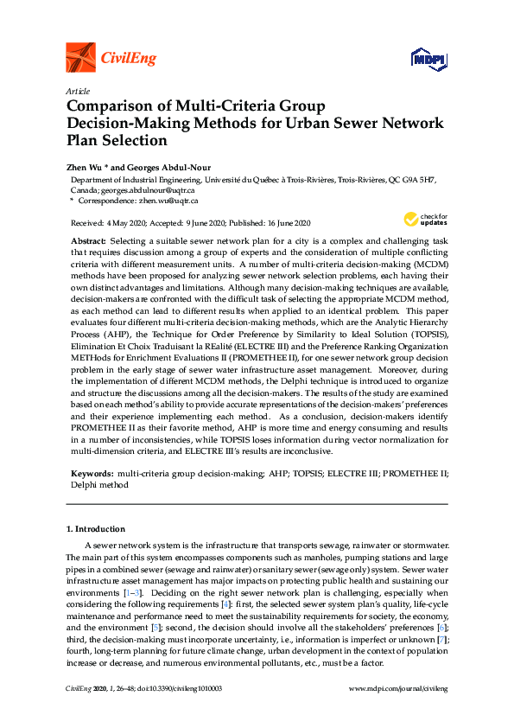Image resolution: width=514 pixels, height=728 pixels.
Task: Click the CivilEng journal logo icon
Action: (x=80, y=58)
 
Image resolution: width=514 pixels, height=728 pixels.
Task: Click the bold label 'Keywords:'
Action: (x=91, y=475)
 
